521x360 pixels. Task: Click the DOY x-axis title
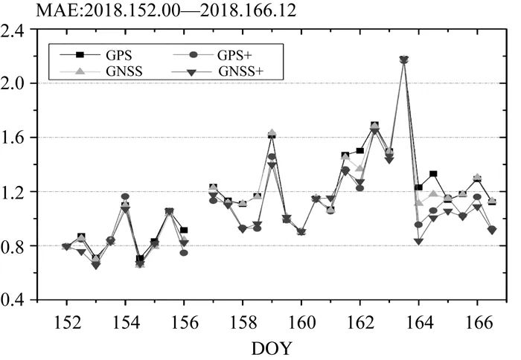tap(272, 347)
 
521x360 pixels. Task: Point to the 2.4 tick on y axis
tap(16, 30)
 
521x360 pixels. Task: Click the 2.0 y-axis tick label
tap(16, 83)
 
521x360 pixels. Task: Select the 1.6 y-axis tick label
tap(16, 138)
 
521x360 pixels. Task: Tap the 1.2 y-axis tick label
tap(16, 192)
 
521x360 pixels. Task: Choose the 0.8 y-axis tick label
tap(16, 246)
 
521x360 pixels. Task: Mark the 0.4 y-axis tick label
tap(16, 300)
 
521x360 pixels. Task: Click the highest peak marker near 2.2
tap(404, 60)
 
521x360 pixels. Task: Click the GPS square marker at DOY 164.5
tap(433, 174)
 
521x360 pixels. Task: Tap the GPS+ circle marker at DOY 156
tap(184, 253)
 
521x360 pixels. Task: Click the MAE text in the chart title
tap(26, 10)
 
